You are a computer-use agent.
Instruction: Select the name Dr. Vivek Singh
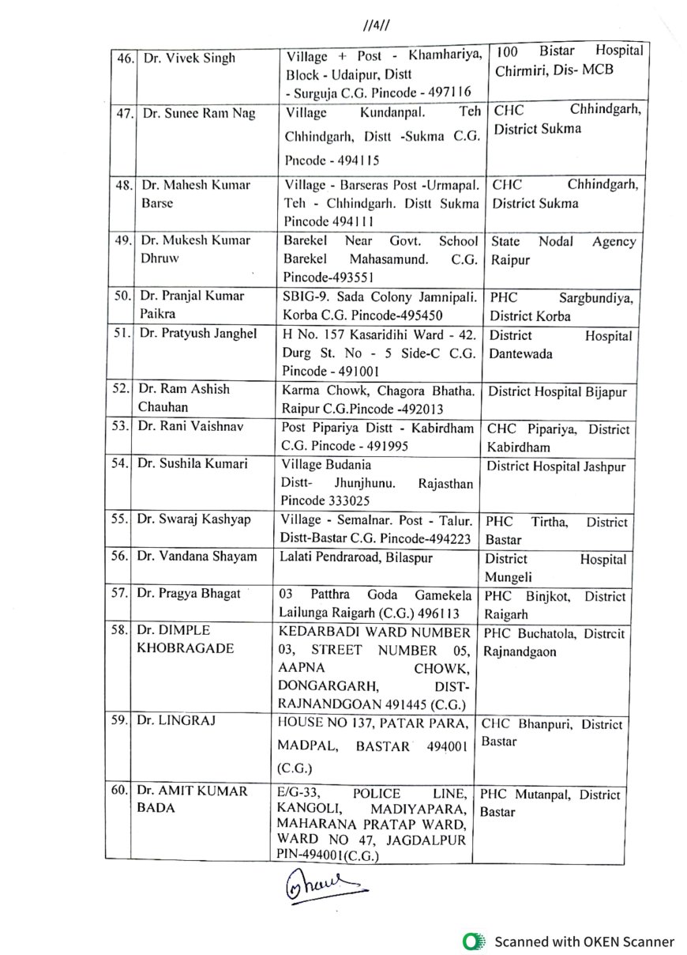coord(189,58)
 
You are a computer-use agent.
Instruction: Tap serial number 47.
coord(122,113)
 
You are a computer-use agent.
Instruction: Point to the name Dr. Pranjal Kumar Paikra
coord(192,306)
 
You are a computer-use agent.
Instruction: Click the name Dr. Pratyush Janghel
coord(198,334)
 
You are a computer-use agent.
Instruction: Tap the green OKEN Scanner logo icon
coord(474,941)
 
